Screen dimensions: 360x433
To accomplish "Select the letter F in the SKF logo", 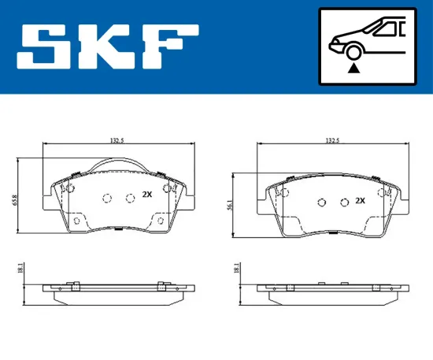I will pos(169,46).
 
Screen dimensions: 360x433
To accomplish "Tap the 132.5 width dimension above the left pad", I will pos(118,141).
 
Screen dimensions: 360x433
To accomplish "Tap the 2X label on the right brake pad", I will pos(361,201).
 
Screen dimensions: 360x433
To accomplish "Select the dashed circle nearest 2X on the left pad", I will pos(130,197).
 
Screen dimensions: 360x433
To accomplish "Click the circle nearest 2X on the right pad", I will pos(343,203).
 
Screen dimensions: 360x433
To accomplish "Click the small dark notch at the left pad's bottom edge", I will pos(117,229).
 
